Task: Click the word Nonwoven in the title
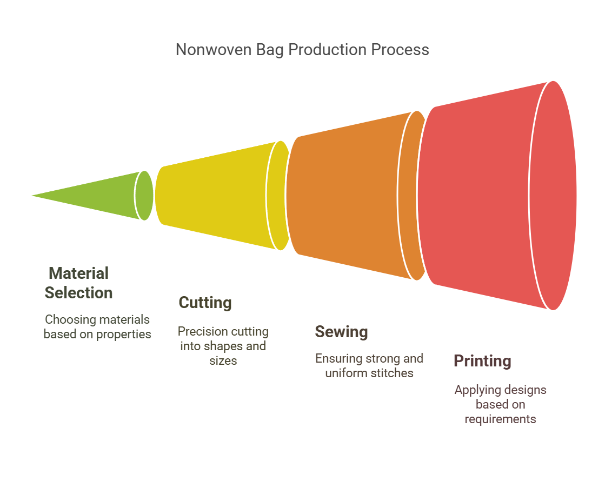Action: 214,50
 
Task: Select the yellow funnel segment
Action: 222,196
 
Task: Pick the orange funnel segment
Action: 355,196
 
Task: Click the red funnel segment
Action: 496,196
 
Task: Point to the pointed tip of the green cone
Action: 32,196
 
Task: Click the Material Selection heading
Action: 79,283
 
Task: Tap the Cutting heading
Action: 205,303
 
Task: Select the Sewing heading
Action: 342,332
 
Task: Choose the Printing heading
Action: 482,361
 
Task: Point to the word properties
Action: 123,335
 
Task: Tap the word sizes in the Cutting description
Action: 223,360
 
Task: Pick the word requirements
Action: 501,419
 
